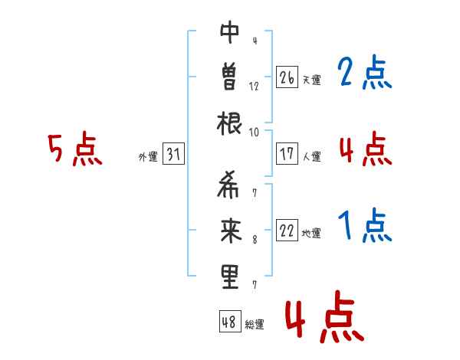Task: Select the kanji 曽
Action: [x=229, y=77]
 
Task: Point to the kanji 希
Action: [x=229, y=188]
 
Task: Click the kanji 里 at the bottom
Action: [x=229, y=277]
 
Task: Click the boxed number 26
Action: [x=287, y=77]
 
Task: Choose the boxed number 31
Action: [x=173, y=155]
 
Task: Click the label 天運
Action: [x=311, y=80]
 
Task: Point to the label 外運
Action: [x=148, y=157]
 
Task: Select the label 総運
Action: [x=255, y=324]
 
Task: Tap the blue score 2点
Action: [x=364, y=74]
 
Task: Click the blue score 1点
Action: [x=364, y=227]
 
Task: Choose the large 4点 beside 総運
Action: [x=324, y=319]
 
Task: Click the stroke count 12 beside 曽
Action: [x=254, y=87]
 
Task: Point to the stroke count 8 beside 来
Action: [x=254, y=241]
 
